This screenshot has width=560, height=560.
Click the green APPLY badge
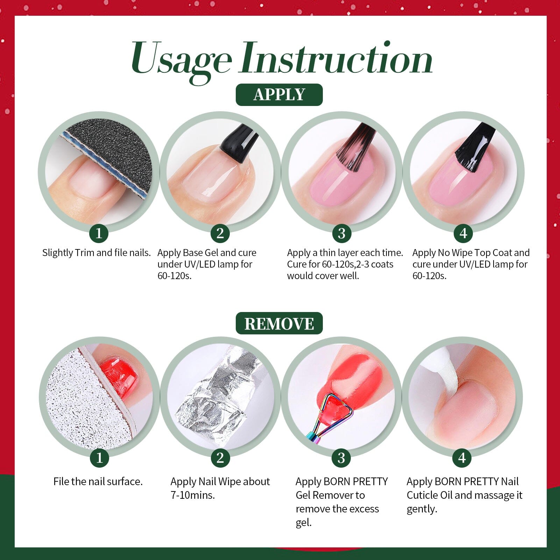[x=279, y=95]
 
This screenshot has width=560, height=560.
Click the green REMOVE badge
[x=279, y=324]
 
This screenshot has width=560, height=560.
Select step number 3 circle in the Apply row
[x=341, y=233]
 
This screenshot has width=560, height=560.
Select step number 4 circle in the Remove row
[x=462, y=458]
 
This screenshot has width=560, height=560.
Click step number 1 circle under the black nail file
[x=99, y=233]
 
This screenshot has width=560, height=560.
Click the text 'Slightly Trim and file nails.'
[x=96, y=253]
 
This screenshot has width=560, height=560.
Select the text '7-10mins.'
[x=192, y=495]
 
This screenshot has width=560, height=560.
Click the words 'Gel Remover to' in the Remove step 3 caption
[x=330, y=495]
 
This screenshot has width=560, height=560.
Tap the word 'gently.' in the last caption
[x=421, y=509]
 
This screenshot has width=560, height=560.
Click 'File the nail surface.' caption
[x=98, y=482]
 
